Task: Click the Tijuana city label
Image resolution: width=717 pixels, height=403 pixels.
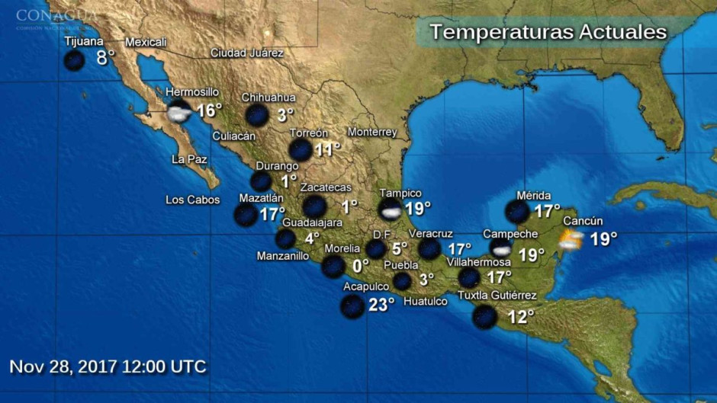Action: click(83, 41)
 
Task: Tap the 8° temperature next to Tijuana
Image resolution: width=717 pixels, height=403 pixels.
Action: click(105, 57)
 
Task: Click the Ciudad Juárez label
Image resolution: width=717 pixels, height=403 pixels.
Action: click(247, 53)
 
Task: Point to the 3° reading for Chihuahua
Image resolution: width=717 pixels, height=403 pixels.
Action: click(285, 115)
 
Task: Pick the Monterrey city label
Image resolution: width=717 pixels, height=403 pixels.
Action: click(372, 132)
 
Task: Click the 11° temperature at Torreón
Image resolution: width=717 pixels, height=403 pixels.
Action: click(327, 149)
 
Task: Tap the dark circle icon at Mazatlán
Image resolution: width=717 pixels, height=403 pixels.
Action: click(246, 215)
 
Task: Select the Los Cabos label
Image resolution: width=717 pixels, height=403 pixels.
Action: click(192, 200)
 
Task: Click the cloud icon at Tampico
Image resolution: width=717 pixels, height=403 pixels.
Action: click(391, 209)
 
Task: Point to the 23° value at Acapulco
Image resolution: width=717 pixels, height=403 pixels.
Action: click(381, 305)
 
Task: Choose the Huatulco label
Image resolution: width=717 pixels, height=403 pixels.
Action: click(425, 302)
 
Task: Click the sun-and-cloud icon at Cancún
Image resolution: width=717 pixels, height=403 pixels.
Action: click(571, 241)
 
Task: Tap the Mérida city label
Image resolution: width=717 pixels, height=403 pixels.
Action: click(533, 196)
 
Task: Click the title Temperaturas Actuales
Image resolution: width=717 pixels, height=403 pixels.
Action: click(548, 33)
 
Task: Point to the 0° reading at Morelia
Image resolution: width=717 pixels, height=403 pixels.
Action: click(360, 266)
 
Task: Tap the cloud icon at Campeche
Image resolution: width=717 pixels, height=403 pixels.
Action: click(501, 249)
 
